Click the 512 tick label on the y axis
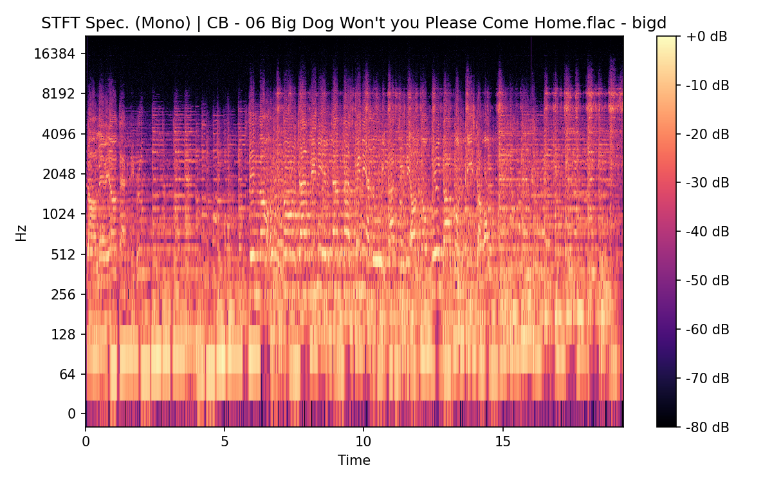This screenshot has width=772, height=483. (x=64, y=254)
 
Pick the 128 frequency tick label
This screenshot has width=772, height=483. (x=64, y=334)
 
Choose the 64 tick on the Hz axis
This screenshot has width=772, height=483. (x=67, y=374)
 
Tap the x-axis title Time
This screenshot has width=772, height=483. (x=354, y=460)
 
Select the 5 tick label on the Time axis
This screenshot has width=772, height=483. (x=225, y=442)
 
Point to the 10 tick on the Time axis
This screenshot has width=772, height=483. (x=363, y=442)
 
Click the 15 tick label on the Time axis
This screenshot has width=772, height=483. (x=502, y=442)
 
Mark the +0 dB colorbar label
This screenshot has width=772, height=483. (x=706, y=37)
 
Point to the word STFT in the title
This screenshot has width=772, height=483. (x=60, y=24)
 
